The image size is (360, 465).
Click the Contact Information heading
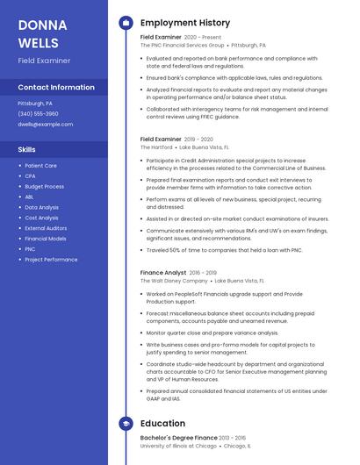click(56, 88)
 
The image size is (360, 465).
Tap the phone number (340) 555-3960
click(38, 114)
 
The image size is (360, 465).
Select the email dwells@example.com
click(46, 125)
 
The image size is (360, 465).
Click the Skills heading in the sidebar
click(27, 150)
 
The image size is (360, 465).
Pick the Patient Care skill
click(40, 165)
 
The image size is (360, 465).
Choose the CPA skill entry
click(30, 175)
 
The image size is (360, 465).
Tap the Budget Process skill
click(44, 186)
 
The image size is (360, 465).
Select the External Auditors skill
click(46, 228)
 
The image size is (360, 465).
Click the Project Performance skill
click(51, 260)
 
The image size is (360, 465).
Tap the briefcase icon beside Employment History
click(126, 22)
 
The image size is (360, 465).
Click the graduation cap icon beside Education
click(126, 424)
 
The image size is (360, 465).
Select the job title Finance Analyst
click(162, 273)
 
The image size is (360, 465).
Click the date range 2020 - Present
click(204, 38)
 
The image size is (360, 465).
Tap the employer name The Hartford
click(156, 147)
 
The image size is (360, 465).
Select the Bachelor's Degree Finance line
click(179, 437)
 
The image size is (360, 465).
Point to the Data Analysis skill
click(41, 207)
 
